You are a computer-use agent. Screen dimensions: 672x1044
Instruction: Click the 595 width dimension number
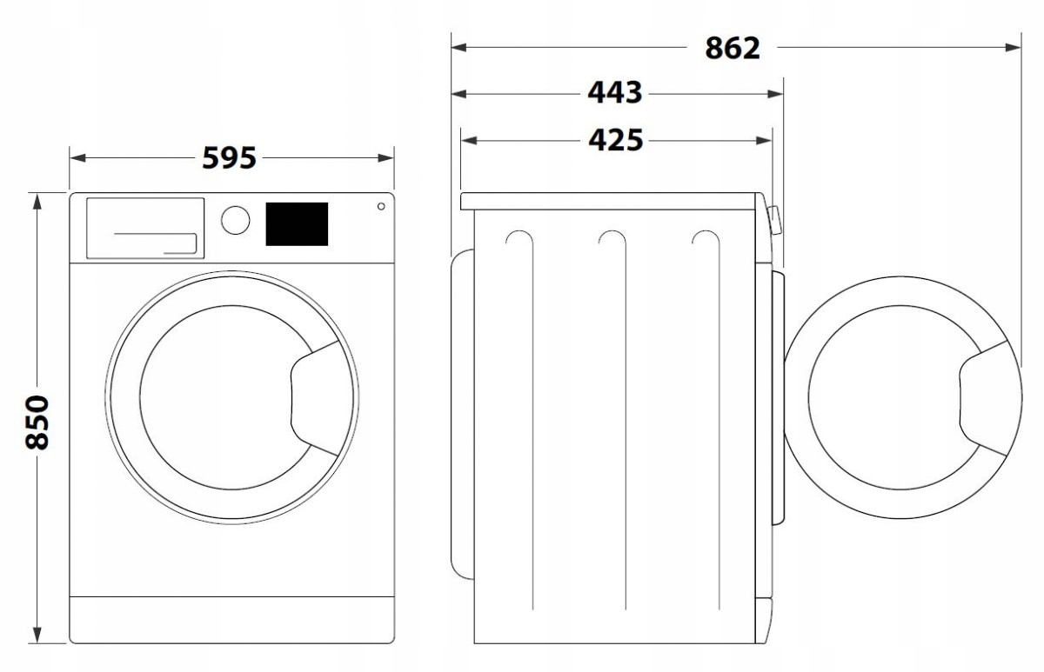click(229, 158)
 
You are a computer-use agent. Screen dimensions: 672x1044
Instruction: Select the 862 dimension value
click(732, 49)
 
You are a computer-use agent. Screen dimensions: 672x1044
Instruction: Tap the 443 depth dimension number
click(614, 92)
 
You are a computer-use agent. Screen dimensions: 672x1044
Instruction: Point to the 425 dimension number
click(614, 139)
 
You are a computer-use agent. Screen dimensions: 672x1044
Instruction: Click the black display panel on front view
click(296, 223)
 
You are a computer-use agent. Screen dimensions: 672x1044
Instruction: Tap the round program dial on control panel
click(235, 220)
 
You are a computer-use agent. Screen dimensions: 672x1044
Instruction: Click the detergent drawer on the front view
click(145, 228)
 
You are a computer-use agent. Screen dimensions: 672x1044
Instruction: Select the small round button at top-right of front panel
click(380, 206)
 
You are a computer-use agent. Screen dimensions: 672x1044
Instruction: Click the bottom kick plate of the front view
click(231, 619)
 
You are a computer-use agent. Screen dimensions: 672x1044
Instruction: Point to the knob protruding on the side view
click(774, 221)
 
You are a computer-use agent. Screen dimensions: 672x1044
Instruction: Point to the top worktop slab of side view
click(609, 201)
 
